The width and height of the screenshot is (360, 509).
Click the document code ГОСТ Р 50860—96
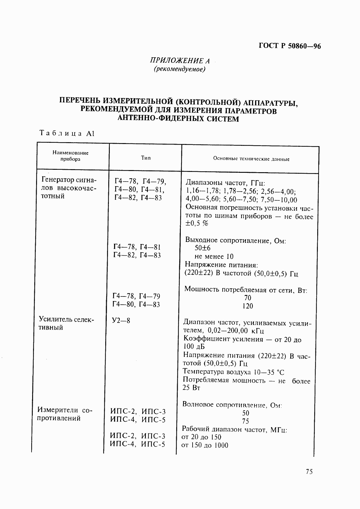(290, 46)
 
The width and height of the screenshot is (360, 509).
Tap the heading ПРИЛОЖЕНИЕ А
(180, 60)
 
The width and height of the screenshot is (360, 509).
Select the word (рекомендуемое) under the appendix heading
(180, 69)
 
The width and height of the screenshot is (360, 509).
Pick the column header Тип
(146, 158)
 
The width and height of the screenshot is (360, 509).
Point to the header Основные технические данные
(251, 159)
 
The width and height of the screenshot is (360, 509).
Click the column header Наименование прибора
(70, 156)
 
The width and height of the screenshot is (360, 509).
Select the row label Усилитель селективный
(67, 323)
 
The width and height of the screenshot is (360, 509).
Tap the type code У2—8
(121, 320)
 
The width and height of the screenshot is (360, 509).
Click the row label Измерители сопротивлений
(64, 414)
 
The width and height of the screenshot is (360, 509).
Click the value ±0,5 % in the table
(197, 224)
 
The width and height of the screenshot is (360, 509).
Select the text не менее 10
(214, 256)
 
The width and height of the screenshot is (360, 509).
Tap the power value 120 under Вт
(247, 306)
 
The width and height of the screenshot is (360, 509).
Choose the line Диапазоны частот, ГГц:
(225, 183)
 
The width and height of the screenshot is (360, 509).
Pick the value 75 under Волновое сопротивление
(245, 421)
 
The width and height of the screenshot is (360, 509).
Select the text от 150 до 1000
(205, 445)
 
